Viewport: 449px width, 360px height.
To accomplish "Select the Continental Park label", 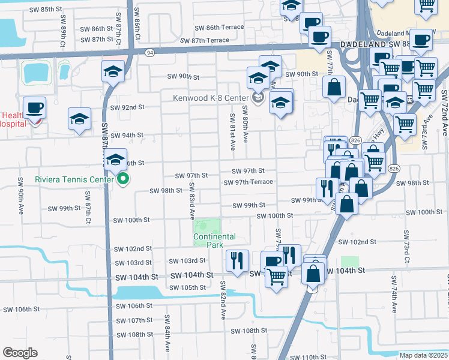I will pyautogui.click(x=214, y=241).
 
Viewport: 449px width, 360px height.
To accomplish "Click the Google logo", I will pyautogui.click(x=20, y=353).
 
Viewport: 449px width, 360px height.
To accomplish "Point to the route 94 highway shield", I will pyautogui.click(x=149, y=53).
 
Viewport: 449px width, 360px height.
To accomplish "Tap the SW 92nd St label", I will pyautogui.click(x=127, y=107).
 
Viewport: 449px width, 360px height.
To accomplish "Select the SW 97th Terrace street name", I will pyautogui.click(x=248, y=182).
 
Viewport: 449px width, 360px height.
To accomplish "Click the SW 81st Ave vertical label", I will pyautogui.click(x=232, y=126).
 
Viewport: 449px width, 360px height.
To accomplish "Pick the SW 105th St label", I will pyautogui.click(x=188, y=287).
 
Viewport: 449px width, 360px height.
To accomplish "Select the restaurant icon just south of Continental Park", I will pyautogui.click(x=237, y=260).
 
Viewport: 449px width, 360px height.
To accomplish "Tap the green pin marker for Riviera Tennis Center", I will pyautogui.click(x=124, y=178).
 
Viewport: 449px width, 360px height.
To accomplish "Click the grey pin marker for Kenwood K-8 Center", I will pyautogui.click(x=258, y=97).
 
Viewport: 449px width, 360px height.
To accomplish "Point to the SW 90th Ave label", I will pyautogui.click(x=20, y=190).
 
